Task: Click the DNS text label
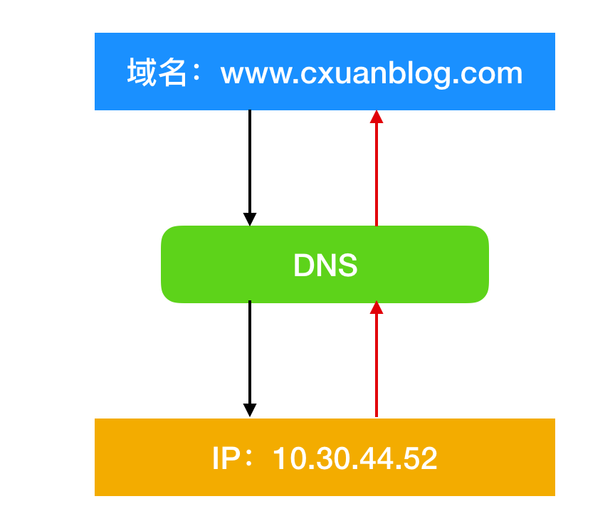(325, 265)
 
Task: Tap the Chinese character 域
(142, 72)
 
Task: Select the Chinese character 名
(172, 72)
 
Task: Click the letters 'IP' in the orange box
(226, 458)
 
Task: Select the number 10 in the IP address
(290, 458)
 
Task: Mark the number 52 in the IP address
(420, 458)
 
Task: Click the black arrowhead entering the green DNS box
(250, 219)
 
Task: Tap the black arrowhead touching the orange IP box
(250, 411)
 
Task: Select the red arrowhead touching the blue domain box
(377, 117)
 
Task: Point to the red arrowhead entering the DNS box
(377, 307)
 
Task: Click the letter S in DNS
(347, 265)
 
